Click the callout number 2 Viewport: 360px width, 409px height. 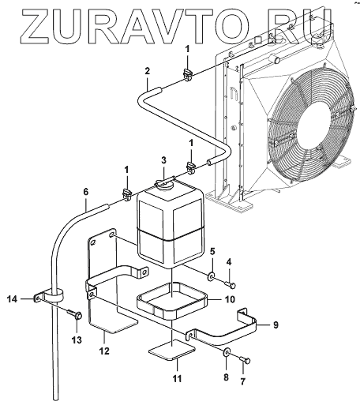(147, 71)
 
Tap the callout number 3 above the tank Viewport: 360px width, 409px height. (163, 159)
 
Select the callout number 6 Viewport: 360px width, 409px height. (86, 192)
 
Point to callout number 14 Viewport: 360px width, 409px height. (12, 299)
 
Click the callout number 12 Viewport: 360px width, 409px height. (104, 351)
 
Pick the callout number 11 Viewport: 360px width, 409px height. (177, 378)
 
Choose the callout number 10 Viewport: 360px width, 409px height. (230, 299)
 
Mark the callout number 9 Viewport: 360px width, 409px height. (276, 325)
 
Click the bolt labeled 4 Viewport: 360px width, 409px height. (231, 284)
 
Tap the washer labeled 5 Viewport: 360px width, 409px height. (212, 276)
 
